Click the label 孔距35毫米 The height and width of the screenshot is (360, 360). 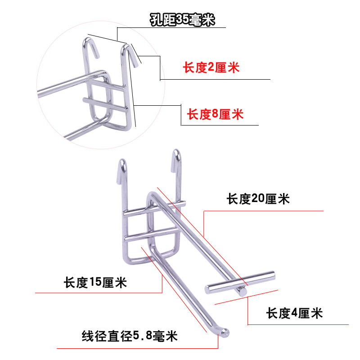(182, 20)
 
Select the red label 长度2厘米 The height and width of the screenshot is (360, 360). (211, 68)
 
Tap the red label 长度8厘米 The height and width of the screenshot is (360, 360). (215, 114)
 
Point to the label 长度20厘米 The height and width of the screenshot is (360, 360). (258, 199)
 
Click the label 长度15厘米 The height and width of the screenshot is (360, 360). (95, 283)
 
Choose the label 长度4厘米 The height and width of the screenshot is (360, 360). (294, 312)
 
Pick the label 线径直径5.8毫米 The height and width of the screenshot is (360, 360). (130, 336)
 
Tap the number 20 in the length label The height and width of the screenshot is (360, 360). (258, 199)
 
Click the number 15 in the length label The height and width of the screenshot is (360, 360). (96, 283)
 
